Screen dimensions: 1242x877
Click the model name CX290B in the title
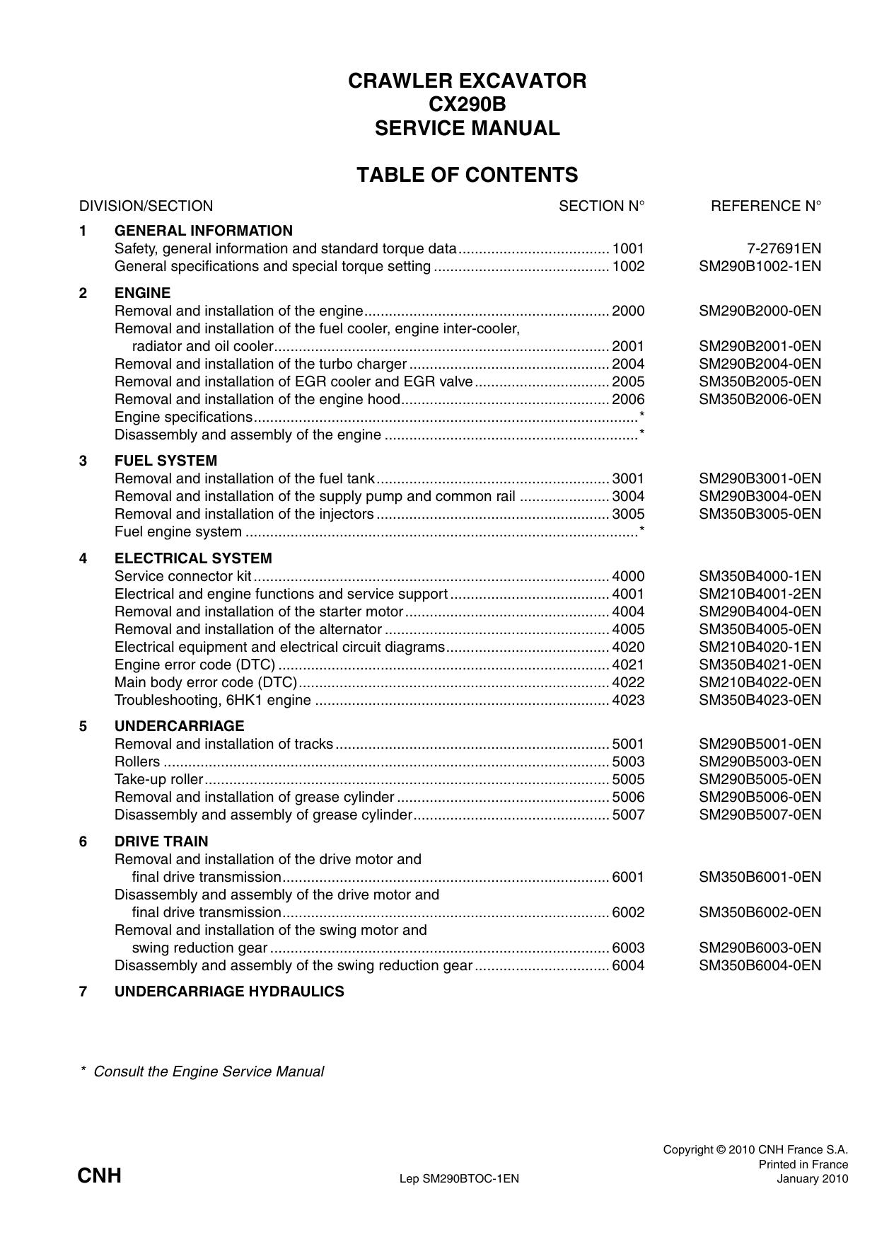(467, 105)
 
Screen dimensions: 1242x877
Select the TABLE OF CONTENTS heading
(467, 175)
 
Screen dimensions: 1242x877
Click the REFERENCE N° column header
(766, 206)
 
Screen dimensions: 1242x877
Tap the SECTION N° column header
(601, 206)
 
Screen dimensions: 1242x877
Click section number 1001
(628, 248)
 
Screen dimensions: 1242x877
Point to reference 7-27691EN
(784, 248)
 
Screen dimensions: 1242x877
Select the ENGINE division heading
(142, 293)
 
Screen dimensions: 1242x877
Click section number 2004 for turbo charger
(628, 364)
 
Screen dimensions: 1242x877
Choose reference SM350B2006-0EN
(760, 399)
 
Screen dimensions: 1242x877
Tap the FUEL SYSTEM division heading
(165, 461)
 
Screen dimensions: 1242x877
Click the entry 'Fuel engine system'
(178, 531)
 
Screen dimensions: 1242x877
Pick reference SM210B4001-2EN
(760, 594)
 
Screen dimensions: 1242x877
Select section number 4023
(628, 700)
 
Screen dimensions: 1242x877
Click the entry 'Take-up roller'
(158, 779)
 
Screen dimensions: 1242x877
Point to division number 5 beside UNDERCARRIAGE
(83, 726)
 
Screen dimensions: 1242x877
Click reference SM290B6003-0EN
(760, 948)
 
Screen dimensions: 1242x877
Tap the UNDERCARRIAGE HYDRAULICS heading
(229, 991)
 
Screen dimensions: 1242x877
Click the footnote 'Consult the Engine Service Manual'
(208, 1071)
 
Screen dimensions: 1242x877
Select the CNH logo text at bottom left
(99, 1176)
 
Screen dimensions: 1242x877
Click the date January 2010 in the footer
(812, 1178)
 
